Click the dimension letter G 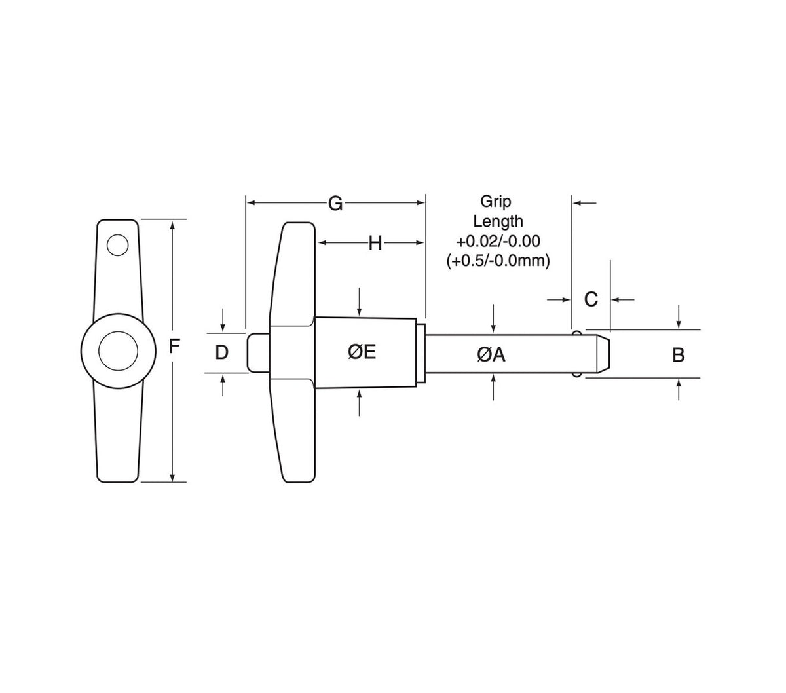(335, 204)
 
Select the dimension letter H (375, 244)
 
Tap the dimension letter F (174, 346)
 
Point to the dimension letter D (222, 354)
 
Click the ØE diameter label (362, 352)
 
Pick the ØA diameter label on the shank (491, 354)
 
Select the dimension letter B (679, 355)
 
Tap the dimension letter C (591, 299)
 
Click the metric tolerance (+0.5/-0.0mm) (498, 261)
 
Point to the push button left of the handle (257, 354)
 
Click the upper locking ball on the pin (576, 335)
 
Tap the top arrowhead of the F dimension (172, 225)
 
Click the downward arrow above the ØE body (360, 308)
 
